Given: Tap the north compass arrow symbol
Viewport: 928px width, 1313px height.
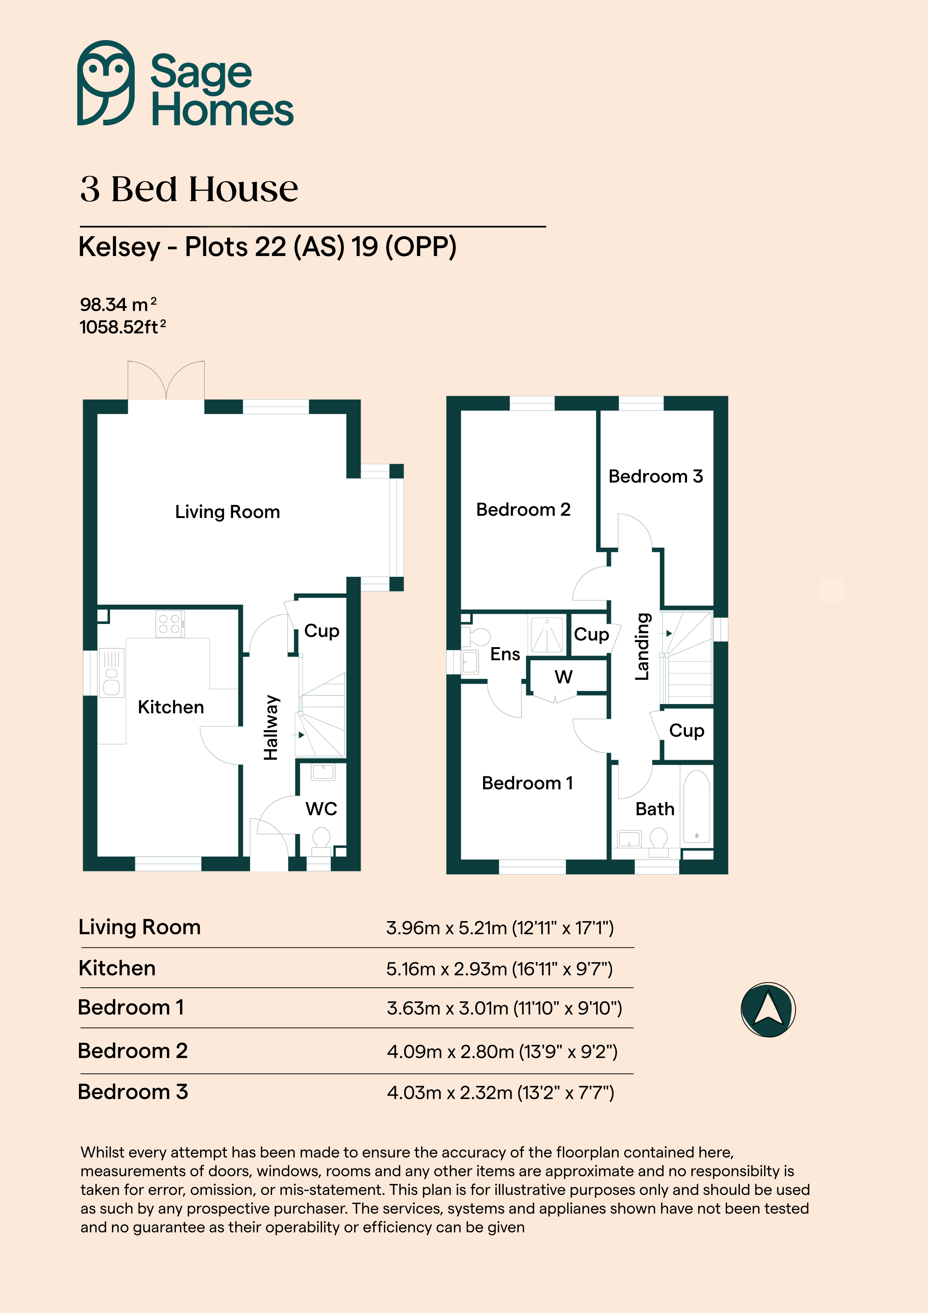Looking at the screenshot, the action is click(768, 1009).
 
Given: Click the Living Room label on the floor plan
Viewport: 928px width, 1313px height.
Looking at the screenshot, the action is click(228, 512).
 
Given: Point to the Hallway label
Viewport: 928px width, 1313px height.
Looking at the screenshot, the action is click(271, 727).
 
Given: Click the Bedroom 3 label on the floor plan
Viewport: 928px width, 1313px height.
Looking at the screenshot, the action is click(655, 476).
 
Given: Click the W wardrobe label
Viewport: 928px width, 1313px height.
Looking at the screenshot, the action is click(563, 677).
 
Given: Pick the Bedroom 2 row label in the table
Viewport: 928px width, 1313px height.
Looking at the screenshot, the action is click(133, 1051).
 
